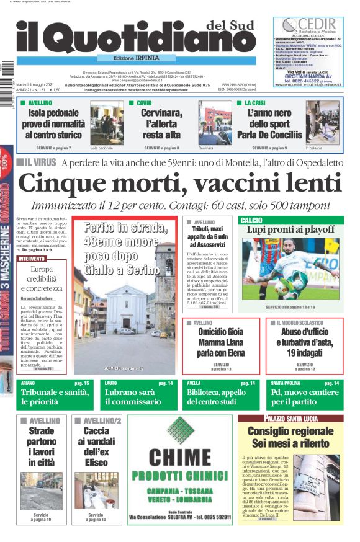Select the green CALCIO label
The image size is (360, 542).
251,220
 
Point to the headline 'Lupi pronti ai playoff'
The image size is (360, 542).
290,230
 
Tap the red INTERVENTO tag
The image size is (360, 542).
32,258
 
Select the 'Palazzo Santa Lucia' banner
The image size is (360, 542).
290,419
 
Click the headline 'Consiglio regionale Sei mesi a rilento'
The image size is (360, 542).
290,437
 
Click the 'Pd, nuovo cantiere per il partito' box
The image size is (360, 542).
305,397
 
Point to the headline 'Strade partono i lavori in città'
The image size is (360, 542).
41,446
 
